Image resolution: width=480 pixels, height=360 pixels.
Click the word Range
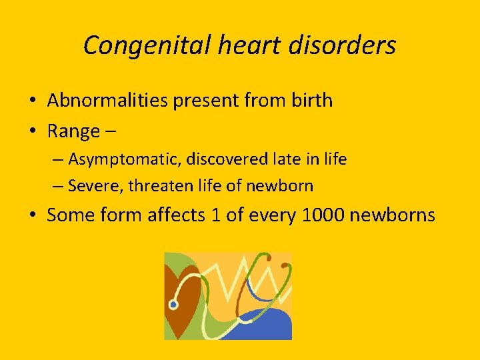73,131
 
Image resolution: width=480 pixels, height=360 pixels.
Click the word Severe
95,186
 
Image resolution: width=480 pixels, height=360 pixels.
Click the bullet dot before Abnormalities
33,101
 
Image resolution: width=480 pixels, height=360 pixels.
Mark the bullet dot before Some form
33,216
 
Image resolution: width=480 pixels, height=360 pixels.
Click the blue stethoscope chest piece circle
173,305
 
